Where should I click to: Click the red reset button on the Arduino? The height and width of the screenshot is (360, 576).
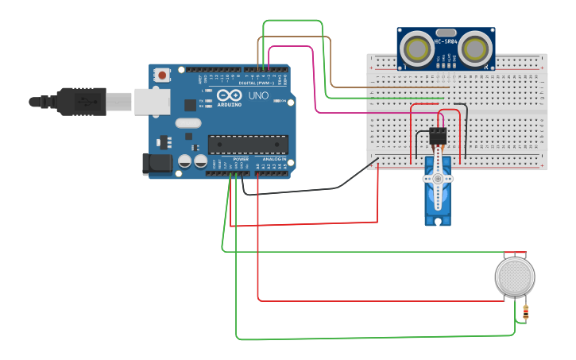163,75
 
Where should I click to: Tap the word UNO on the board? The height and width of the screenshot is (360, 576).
258,95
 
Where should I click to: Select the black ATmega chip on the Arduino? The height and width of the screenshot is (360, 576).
247,144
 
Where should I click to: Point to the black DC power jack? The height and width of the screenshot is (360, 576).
157,164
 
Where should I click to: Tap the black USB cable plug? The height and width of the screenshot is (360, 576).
79,101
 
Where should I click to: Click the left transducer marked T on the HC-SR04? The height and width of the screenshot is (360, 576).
416,48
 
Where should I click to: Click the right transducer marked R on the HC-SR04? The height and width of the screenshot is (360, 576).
474,48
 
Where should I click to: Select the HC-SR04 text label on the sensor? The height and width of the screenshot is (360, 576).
445,41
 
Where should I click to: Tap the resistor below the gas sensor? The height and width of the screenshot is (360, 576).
525,313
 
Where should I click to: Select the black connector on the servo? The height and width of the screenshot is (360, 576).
437,136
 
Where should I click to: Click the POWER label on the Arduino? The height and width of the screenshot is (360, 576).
241,159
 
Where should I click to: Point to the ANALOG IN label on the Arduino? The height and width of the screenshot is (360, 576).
273,159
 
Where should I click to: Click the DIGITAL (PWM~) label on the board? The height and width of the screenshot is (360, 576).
256,82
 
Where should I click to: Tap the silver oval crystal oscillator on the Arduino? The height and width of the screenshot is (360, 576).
188,122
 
